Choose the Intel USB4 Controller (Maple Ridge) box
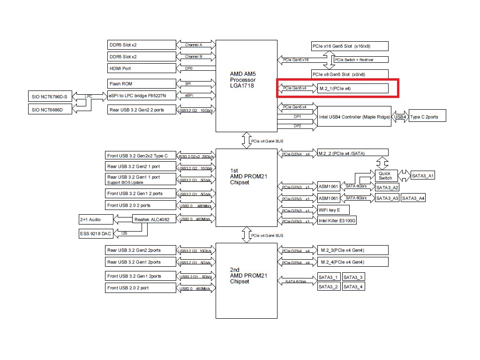pos(354,117)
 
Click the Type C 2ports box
pos(427,116)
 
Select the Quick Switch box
pos(385,176)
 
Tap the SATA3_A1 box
pos(423,176)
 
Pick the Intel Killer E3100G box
pos(337,220)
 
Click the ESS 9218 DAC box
pos(96,233)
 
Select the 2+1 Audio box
pos(96,219)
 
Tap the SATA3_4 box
pos(353,286)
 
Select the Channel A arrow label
pos(194,45)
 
